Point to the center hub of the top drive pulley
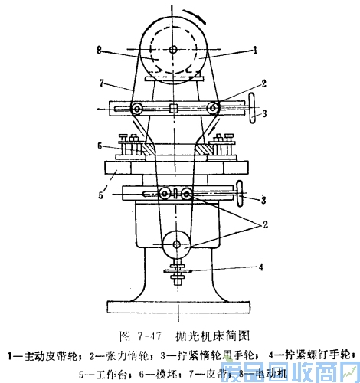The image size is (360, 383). [x=175, y=50]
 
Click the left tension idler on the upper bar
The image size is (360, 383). [x=137, y=108]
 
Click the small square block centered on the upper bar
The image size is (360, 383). [x=175, y=108]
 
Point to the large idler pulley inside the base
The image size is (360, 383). [x=176, y=244]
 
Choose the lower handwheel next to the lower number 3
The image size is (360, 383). [x=244, y=194]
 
